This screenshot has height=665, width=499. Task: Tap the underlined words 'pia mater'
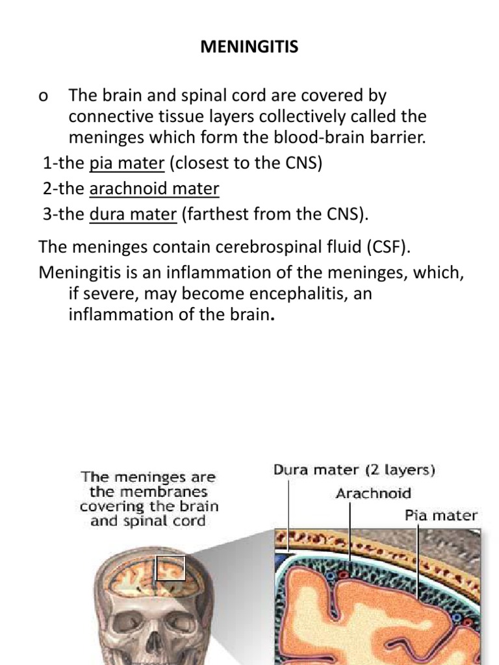(127, 162)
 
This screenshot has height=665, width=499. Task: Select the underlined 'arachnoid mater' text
(154, 188)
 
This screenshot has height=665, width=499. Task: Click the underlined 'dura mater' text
(133, 214)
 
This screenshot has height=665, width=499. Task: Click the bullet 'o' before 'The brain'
(44, 97)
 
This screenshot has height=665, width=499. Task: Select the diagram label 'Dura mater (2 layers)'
(353, 470)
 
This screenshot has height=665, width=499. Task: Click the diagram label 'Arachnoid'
(373, 494)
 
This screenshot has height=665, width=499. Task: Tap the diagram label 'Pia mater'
(441, 516)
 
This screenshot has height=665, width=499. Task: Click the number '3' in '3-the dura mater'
(47, 214)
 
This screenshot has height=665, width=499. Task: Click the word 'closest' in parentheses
(199, 162)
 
